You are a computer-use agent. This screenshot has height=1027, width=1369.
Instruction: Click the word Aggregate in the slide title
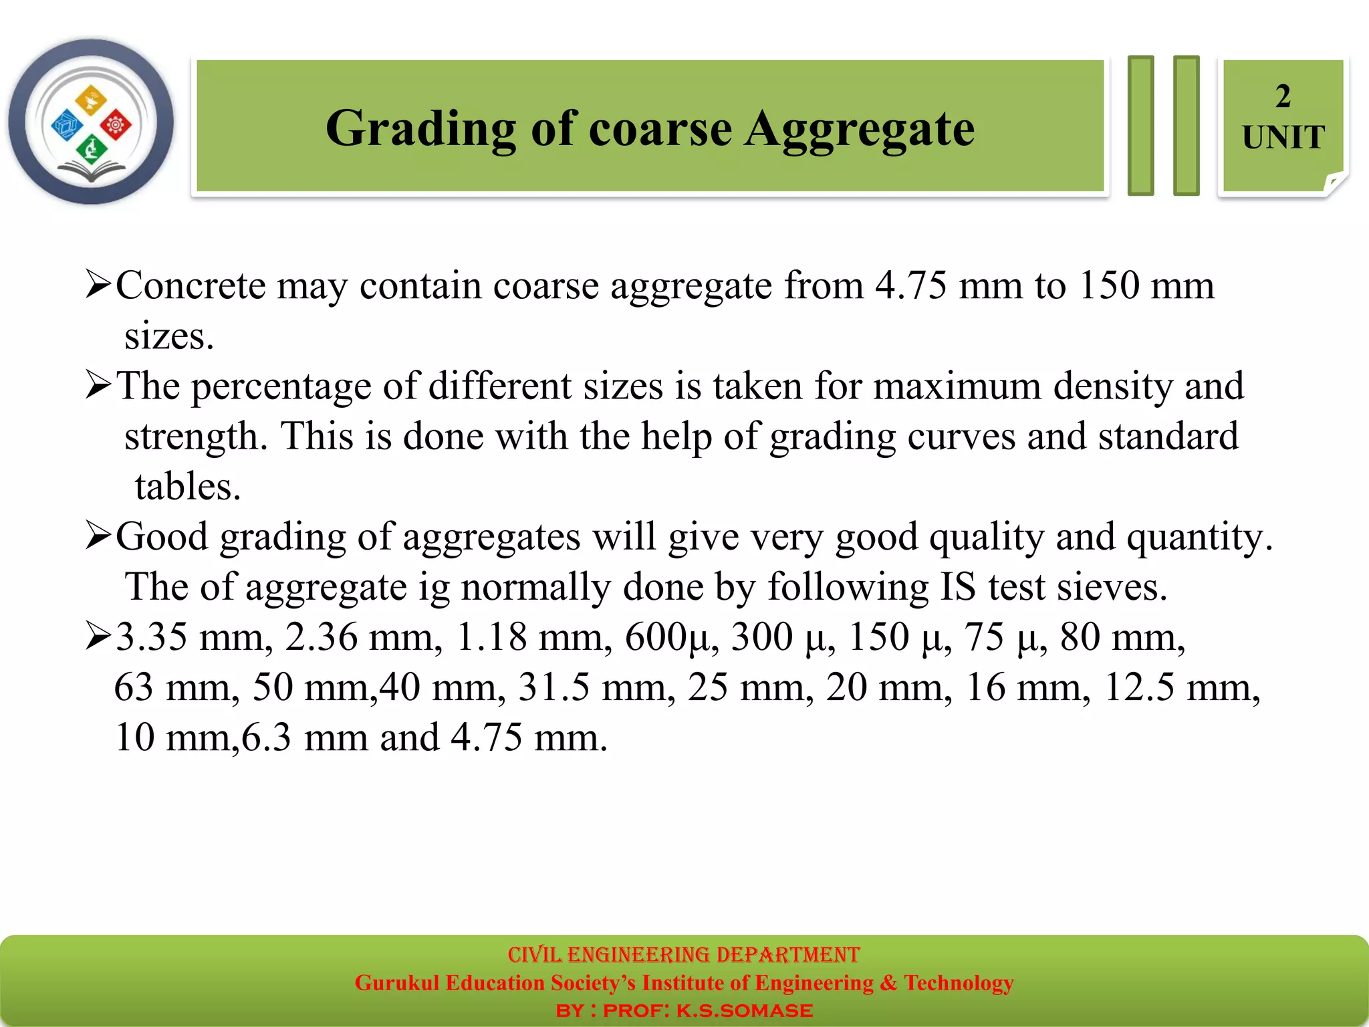pos(860,130)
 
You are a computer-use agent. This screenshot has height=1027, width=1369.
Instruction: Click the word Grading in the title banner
pos(420,130)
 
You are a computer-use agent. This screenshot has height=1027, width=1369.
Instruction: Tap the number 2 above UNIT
pos(1283,96)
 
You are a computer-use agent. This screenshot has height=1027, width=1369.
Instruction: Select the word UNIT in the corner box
pos(1283,138)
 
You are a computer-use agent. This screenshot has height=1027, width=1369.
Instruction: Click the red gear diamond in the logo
pos(116,124)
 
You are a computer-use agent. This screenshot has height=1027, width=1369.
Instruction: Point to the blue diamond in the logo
pos(67,125)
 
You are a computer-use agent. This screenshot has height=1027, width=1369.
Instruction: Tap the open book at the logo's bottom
pos(91,173)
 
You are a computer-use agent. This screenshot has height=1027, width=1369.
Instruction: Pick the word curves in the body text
pos(961,437)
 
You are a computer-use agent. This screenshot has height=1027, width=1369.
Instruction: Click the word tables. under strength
pos(187,486)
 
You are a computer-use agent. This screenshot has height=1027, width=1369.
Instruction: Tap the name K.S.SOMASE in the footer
pos(745,1011)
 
